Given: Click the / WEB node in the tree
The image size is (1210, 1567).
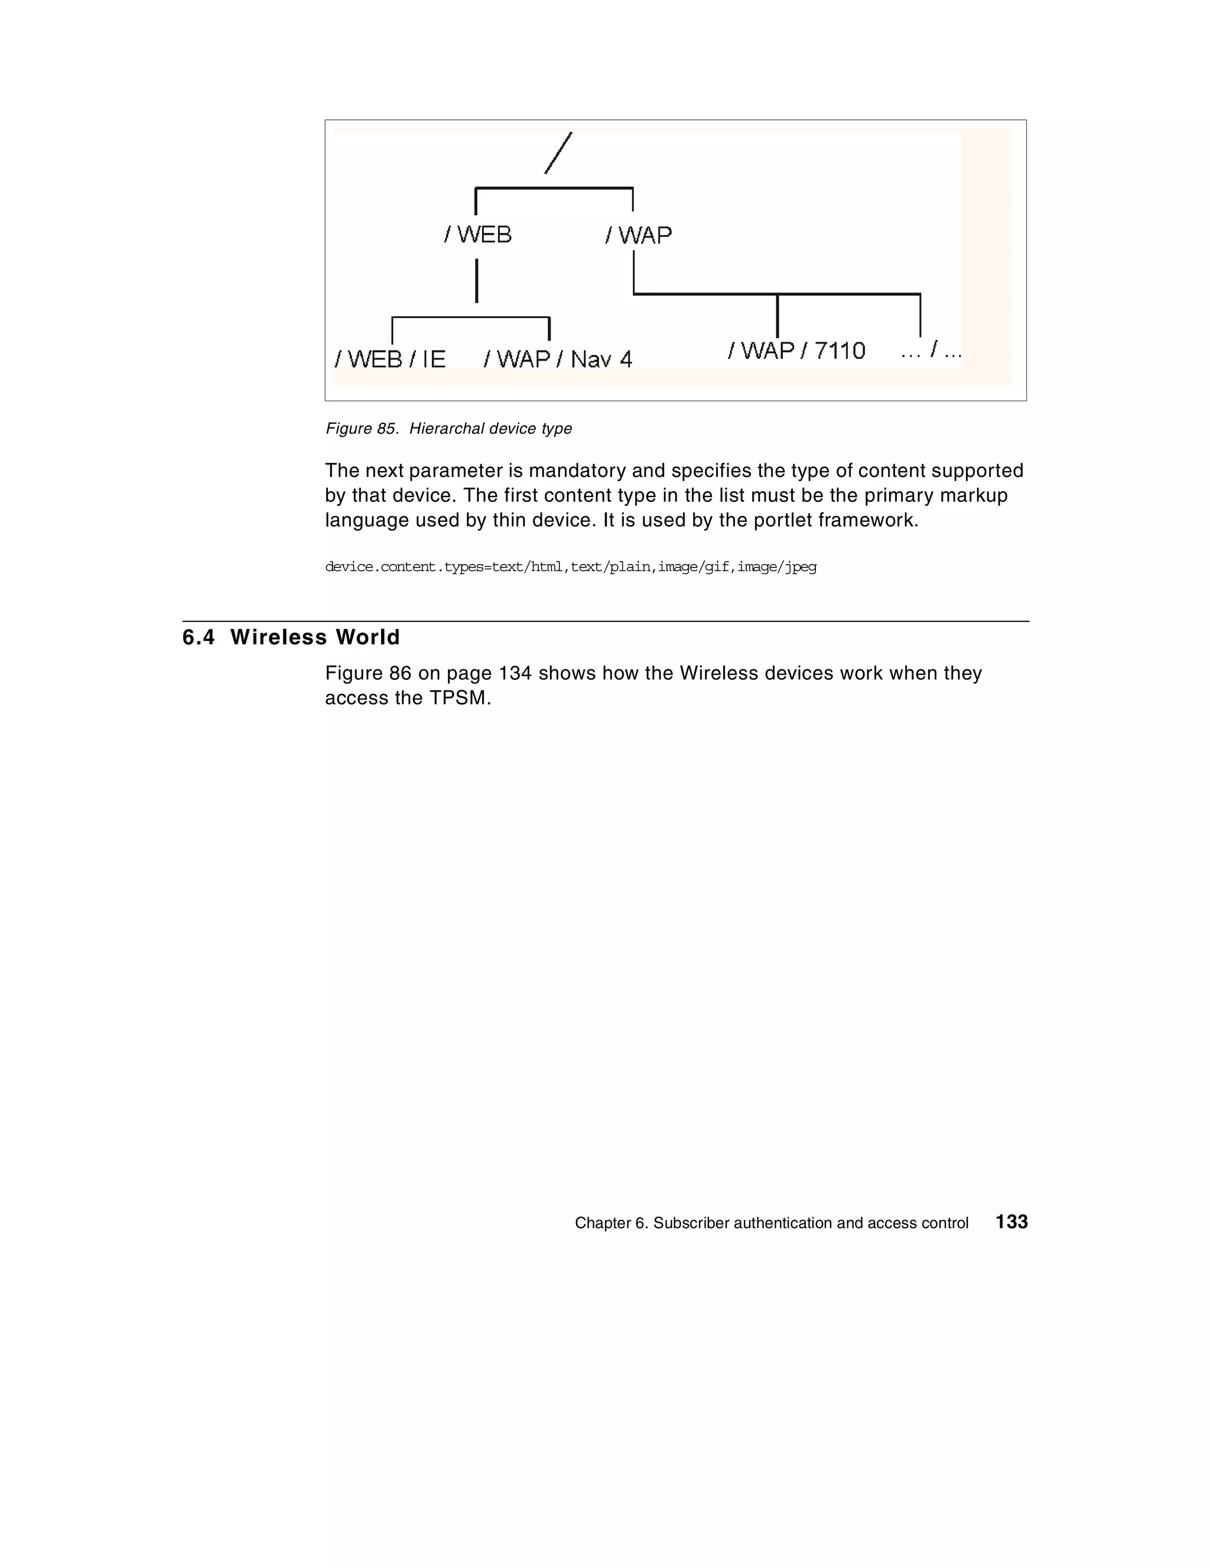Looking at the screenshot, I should coord(478,235).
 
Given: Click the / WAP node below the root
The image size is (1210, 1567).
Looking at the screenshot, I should coord(638,235).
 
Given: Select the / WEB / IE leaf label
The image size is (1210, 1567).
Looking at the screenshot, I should coord(390,359).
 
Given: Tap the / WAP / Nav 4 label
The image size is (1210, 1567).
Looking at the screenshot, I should coord(558,359).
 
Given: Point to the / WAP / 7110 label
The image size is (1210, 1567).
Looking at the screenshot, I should coord(796,351).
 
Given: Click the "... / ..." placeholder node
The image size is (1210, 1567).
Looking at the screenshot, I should coord(931,351).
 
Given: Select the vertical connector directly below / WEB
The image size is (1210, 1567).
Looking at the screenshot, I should coord(476,281).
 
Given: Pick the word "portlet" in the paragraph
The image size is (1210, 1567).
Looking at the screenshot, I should coord(785,520).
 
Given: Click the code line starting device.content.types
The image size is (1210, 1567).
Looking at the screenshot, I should coord(570,567).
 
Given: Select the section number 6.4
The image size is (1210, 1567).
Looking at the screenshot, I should coord(199,637).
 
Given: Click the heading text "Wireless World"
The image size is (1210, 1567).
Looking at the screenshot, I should coord(315,637).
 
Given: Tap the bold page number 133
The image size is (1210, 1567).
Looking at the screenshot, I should coord(1011,1222).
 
